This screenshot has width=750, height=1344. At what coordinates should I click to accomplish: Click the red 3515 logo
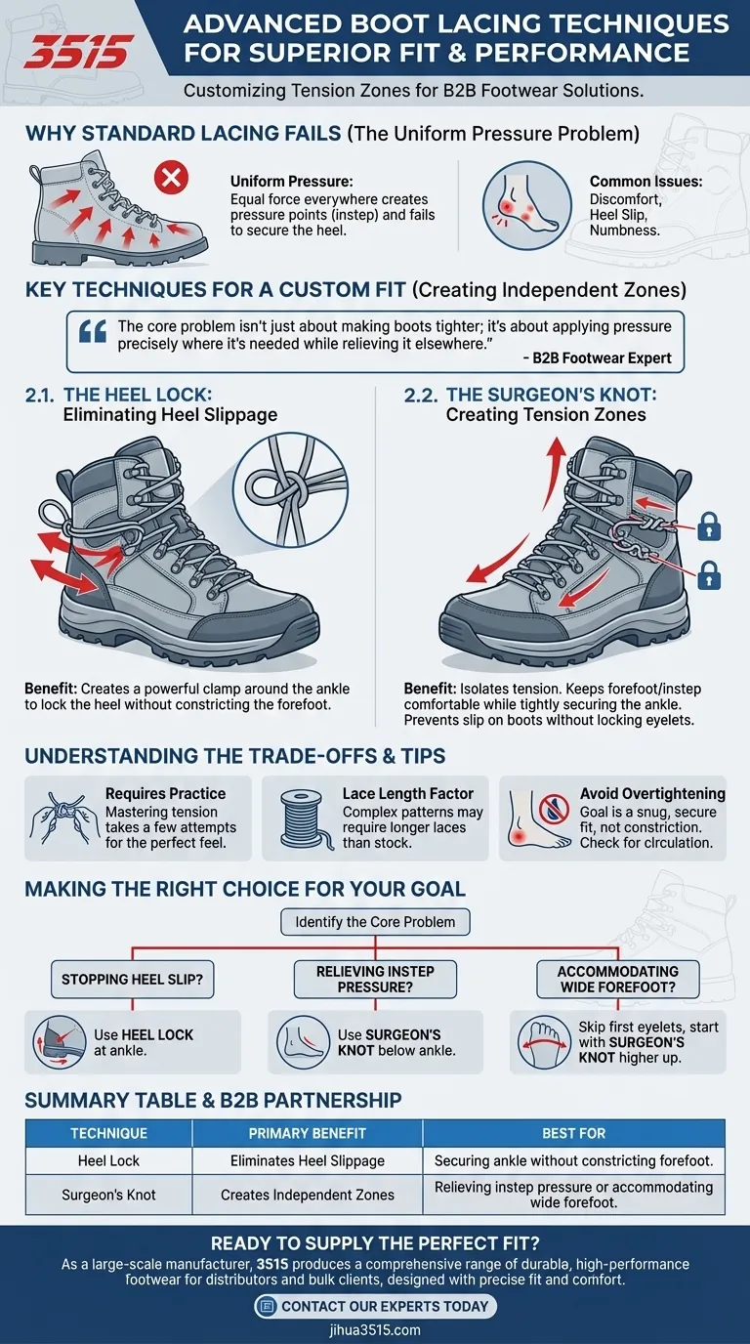pyautogui.click(x=78, y=52)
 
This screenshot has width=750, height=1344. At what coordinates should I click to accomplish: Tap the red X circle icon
pyautogui.click(x=171, y=178)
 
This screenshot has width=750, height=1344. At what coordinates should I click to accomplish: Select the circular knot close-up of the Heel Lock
pyautogui.click(x=290, y=490)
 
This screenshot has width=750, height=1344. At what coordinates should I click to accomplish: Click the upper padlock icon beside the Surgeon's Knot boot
pyautogui.click(x=709, y=526)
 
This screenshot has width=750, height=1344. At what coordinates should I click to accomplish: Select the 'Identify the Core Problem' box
pyautogui.click(x=375, y=922)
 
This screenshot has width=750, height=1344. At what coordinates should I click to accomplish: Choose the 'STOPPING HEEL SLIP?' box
pyautogui.click(x=132, y=980)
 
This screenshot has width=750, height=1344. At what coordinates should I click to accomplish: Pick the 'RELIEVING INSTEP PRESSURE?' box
pyautogui.click(x=375, y=980)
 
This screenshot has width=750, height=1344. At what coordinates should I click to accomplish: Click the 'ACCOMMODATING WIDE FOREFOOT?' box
pyautogui.click(x=618, y=980)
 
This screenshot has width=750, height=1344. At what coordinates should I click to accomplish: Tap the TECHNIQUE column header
pyautogui.click(x=108, y=1133)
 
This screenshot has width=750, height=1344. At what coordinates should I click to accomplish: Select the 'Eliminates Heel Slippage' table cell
pyautogui.click(x=308, y=1161)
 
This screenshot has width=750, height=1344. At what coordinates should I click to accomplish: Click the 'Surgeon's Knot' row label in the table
pyautogui.click(x=108, y=1195)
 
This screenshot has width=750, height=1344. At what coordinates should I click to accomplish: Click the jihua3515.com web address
pyautogui.click(x=375, y=1330)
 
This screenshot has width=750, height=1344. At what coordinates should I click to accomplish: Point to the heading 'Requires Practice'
pyautogui.click(x=166, y=793)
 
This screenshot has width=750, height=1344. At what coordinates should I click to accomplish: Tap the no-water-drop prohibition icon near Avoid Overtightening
pyautogui.click(x=554, y=809)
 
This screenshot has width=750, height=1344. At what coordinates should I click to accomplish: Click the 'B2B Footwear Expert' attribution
pyautogui.click(x=597, y=358)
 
